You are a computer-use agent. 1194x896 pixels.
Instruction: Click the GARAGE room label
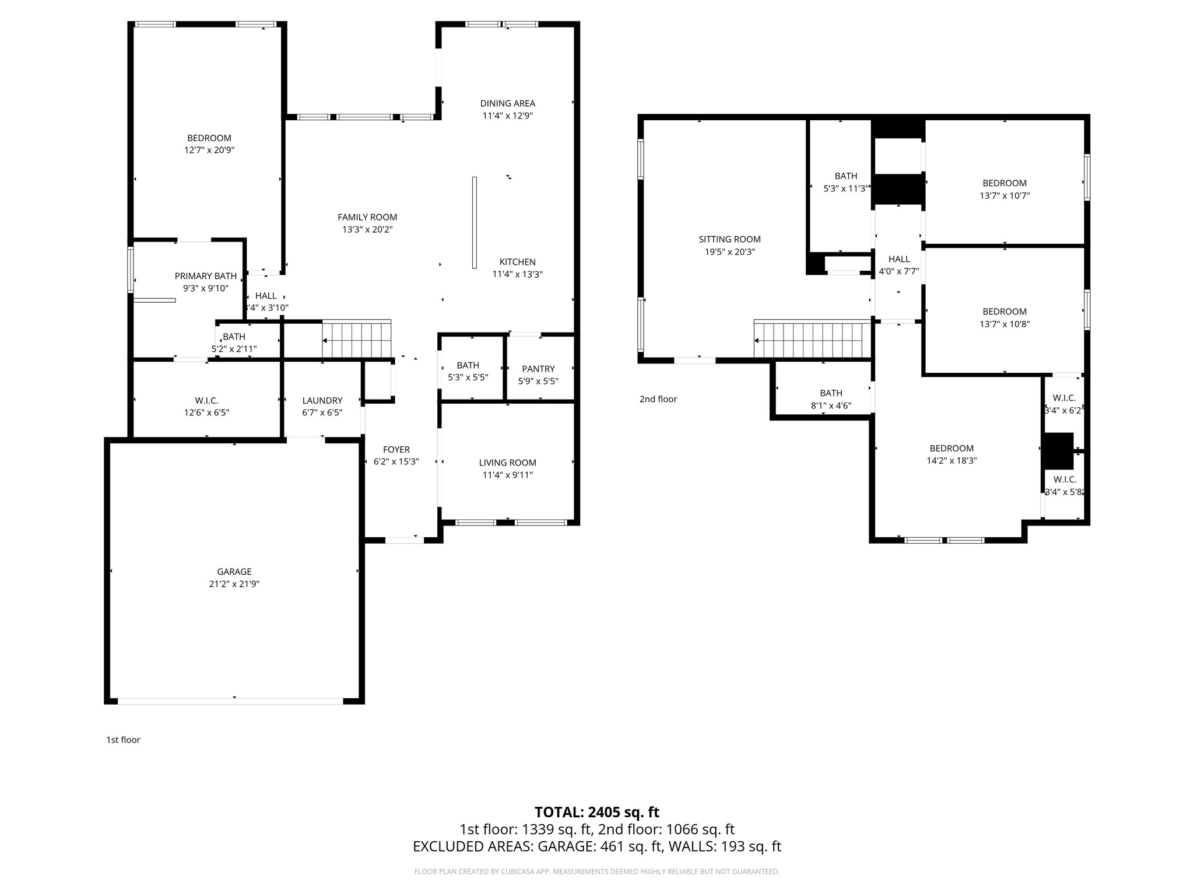pos(234,572)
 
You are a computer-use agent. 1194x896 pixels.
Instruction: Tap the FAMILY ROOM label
pos(367,217)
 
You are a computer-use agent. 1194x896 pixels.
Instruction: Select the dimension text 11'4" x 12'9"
pos(507,116)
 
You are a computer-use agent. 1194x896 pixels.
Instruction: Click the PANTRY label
pos(538,369)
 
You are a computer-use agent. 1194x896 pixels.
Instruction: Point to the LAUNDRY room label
pos(322,400)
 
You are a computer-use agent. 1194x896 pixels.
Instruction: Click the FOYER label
pos(396,449)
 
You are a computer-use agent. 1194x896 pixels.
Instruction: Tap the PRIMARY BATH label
pos(206,276)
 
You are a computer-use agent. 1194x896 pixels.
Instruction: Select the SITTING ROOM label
pos(729,239)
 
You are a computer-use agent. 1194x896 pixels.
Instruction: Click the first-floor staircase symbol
pos(356,339)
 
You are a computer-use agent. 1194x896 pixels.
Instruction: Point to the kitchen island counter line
pos(475,222)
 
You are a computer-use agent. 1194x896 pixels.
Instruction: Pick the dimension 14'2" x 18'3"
pos(951,460)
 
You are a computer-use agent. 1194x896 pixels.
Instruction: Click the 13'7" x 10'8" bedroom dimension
pos(1005,324)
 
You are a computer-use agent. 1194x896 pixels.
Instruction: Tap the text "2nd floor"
pos(658,399)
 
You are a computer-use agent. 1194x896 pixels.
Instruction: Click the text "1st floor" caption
pos(123,740)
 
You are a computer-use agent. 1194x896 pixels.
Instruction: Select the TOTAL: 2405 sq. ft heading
pos(596,812)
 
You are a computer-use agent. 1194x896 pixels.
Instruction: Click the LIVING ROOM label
pos(507,463)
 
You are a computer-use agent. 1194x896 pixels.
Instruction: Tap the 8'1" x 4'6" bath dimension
pos(831,405)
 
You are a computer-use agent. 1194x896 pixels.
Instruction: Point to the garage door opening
pos(230,701)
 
